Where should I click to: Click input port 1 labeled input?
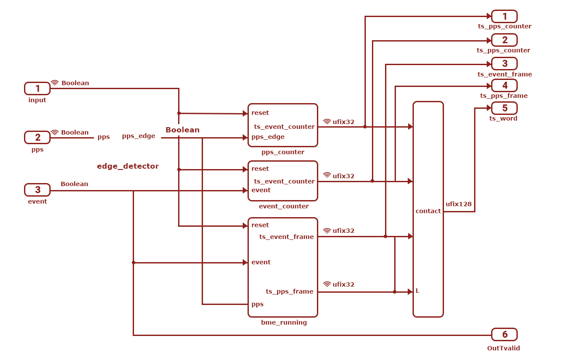click(37, 88)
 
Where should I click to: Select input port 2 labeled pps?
click(37, 138)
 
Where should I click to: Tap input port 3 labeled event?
click(37, 190)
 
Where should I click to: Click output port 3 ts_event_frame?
click(504, 63)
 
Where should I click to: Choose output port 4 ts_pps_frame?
click(504, 86)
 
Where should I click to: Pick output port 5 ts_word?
click(504, 108)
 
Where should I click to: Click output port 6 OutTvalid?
click(504, 335)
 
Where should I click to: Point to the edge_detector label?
click(128, 166)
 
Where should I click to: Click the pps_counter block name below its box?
click(283, 152)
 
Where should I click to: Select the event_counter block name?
click(284, 206)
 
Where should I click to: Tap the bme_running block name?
click(284, 322)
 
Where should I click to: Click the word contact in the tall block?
click(428, 211)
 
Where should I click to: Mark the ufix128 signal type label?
click(458, 204)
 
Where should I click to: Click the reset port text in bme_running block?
click(260, 225)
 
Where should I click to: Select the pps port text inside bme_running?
click(258, 305)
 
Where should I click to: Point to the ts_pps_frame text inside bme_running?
click(289, 291)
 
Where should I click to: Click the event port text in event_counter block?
click(261, 190)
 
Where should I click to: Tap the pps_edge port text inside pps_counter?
click(268, 137)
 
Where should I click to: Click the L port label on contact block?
click(417, 291)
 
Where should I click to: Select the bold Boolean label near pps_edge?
click(182, 130)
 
